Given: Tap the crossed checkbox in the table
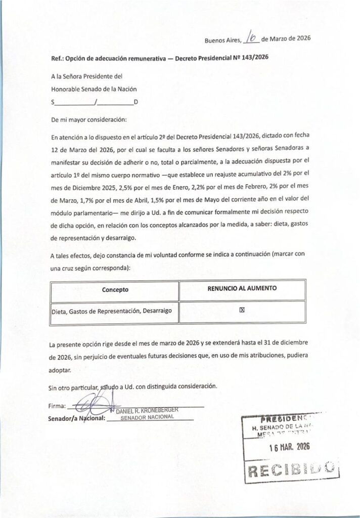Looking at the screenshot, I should [242, 312].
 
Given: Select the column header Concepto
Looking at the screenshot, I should [115, 290].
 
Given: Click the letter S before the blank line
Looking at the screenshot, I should [53, 103].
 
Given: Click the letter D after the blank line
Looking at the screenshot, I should [136, 103].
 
